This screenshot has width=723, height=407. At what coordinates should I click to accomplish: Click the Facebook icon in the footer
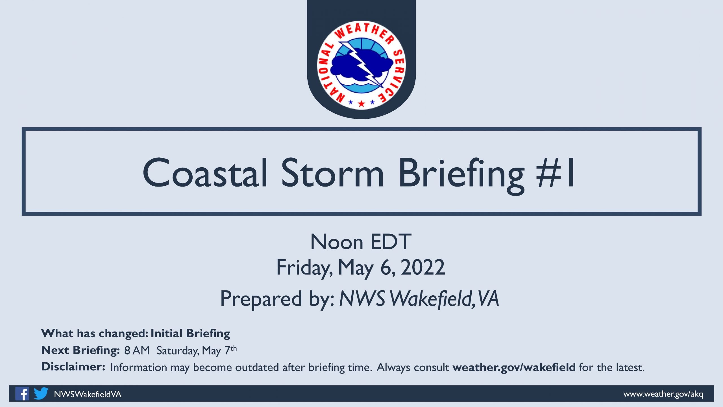22,393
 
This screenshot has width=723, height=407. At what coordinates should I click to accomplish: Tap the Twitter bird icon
41,393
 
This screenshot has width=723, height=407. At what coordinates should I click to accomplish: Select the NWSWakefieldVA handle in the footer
88,394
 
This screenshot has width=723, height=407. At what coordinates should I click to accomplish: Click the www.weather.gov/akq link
663,394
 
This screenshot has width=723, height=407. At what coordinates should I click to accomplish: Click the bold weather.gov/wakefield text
514,367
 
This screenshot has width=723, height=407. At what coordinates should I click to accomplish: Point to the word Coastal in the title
205,172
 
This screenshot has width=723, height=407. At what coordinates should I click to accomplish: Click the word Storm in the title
332,172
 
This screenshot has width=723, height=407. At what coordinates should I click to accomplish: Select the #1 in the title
555,172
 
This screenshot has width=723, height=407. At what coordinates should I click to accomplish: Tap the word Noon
337,242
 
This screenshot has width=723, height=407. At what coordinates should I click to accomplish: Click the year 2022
423,267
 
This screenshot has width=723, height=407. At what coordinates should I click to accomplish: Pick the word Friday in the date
304,268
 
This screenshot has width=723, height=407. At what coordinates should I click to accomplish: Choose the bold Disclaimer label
73,367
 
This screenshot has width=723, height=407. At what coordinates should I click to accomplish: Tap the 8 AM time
137,350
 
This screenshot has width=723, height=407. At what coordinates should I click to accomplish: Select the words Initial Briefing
190,334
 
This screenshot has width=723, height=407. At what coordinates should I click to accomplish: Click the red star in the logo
361,103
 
